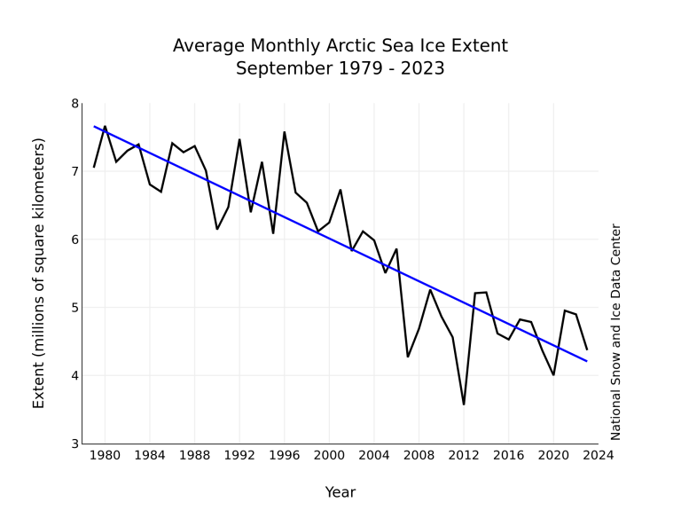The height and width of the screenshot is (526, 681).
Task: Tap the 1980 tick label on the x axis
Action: tap(105, 456)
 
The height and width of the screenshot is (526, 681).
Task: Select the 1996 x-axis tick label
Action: tap(284, 456)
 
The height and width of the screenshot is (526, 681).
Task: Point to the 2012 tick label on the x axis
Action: tap(464, 456)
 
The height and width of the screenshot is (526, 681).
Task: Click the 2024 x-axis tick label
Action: tap(598, 456)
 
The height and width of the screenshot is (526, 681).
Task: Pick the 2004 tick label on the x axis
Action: tap(374, 456)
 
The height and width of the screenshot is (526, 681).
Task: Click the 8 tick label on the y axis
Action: tap(74, 104)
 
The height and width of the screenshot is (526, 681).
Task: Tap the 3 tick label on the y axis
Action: tap(74, 444)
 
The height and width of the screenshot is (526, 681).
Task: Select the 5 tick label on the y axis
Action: tap(74, 308)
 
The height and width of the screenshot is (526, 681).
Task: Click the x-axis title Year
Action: tap(340, 492)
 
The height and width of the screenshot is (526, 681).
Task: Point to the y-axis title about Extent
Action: tap(39, 273)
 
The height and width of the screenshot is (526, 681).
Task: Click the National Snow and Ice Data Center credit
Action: tap(616, 332)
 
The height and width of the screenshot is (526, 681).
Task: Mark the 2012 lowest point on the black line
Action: tap(464, 404)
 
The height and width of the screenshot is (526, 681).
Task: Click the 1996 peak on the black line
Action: tap(285, 132)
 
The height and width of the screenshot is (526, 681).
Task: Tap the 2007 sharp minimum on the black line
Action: tap(408, 357)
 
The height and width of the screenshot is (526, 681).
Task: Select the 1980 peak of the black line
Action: tap(105, 126)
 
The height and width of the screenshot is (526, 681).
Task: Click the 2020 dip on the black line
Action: tap(553, 374)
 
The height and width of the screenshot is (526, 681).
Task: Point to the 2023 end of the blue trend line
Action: tap(587, 361)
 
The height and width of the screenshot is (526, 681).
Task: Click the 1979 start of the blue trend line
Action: tap(94, 126)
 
